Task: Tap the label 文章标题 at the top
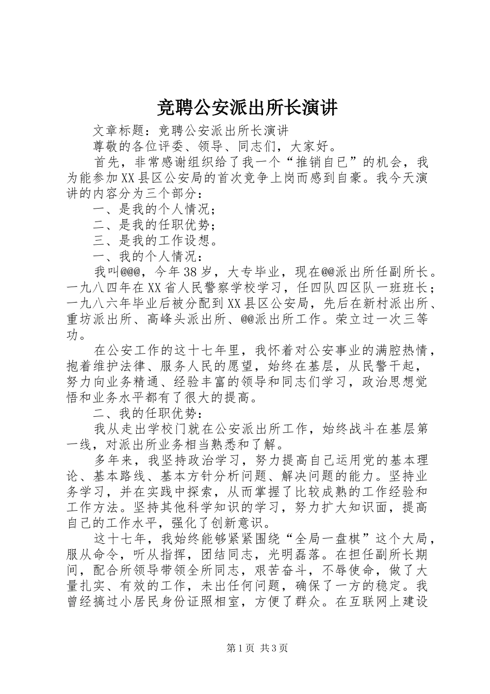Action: [x=119, y=130]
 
